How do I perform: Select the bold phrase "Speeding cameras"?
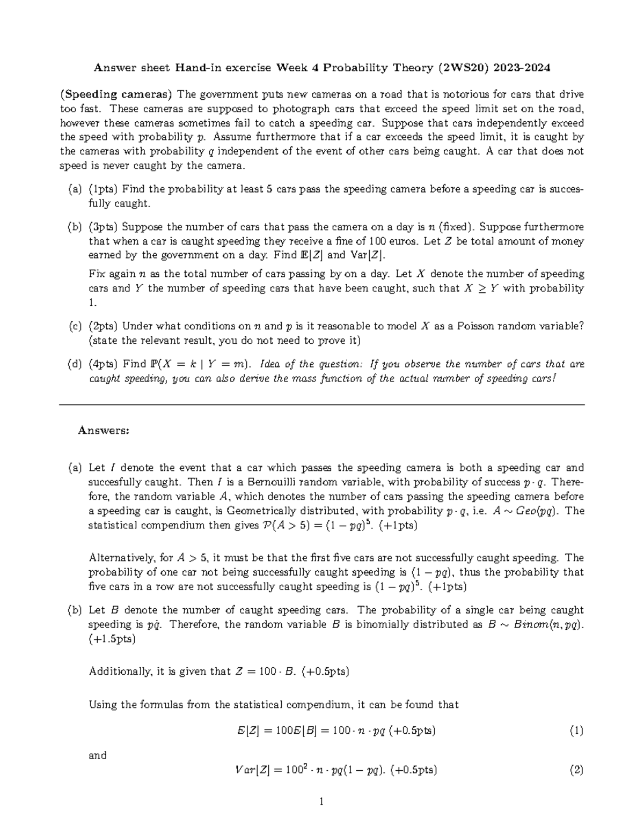click(x=116, y=94)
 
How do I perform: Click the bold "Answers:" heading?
click(x=103, y=430)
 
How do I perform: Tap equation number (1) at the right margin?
click(x=576, y=731)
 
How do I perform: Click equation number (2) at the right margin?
click(x=576, y=771)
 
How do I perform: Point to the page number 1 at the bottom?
click(x=321, y=802)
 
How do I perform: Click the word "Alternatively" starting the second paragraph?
click(x=121, y=558)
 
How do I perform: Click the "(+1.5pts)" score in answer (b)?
click(x=112, y=639)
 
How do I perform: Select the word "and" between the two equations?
click(x=97, y=755)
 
